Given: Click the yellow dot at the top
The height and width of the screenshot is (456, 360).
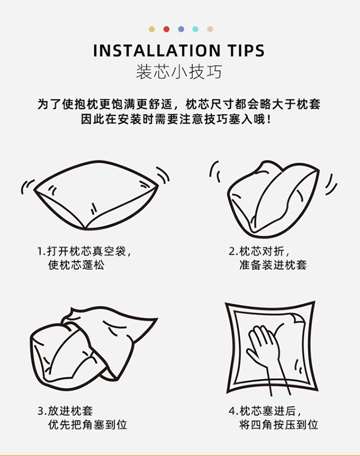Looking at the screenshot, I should (152, 29).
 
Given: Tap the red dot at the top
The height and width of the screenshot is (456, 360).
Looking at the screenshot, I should (166, 29).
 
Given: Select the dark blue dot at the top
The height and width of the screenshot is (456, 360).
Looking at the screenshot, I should (181, 29).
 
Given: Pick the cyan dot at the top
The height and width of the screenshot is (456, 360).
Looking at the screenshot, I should (195, 29).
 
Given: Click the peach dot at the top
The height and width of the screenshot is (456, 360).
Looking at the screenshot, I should (210, 29).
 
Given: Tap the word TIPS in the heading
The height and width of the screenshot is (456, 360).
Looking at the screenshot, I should (244, 51).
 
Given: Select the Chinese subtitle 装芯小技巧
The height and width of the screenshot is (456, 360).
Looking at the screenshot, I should (179, 72).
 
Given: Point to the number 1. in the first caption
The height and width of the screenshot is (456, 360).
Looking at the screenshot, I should (41, 251).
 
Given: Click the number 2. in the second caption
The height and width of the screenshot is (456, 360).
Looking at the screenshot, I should (233, 251).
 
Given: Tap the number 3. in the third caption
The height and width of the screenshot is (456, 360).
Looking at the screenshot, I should (41, 411).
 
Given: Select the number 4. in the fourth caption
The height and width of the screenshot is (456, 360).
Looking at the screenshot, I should (233, 411).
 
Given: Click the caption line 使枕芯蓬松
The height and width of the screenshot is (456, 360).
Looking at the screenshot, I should (76, 265).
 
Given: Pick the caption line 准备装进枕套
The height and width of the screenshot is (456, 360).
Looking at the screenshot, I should (273, 265).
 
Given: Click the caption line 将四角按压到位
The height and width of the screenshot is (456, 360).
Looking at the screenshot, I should (278, 425).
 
